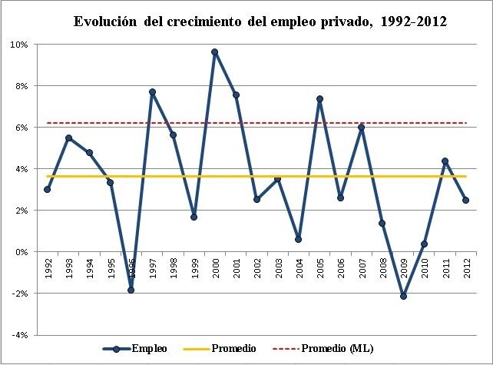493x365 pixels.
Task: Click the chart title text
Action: click(260, 22)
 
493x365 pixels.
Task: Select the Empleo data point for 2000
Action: click(214, 52)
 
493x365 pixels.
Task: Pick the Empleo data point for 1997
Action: click(152, 92)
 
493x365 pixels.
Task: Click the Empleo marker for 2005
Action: click(319, 99)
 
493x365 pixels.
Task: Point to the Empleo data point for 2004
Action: click(299, 239)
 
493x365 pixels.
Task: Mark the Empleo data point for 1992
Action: click(48, 189)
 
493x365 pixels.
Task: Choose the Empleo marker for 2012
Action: click(466, 200)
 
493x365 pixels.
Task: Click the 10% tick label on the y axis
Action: click(19, 45)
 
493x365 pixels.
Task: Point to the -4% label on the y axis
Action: click(19, 335)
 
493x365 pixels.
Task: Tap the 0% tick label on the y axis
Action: click(22, 252)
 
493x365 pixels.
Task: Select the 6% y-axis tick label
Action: click(22, 128)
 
